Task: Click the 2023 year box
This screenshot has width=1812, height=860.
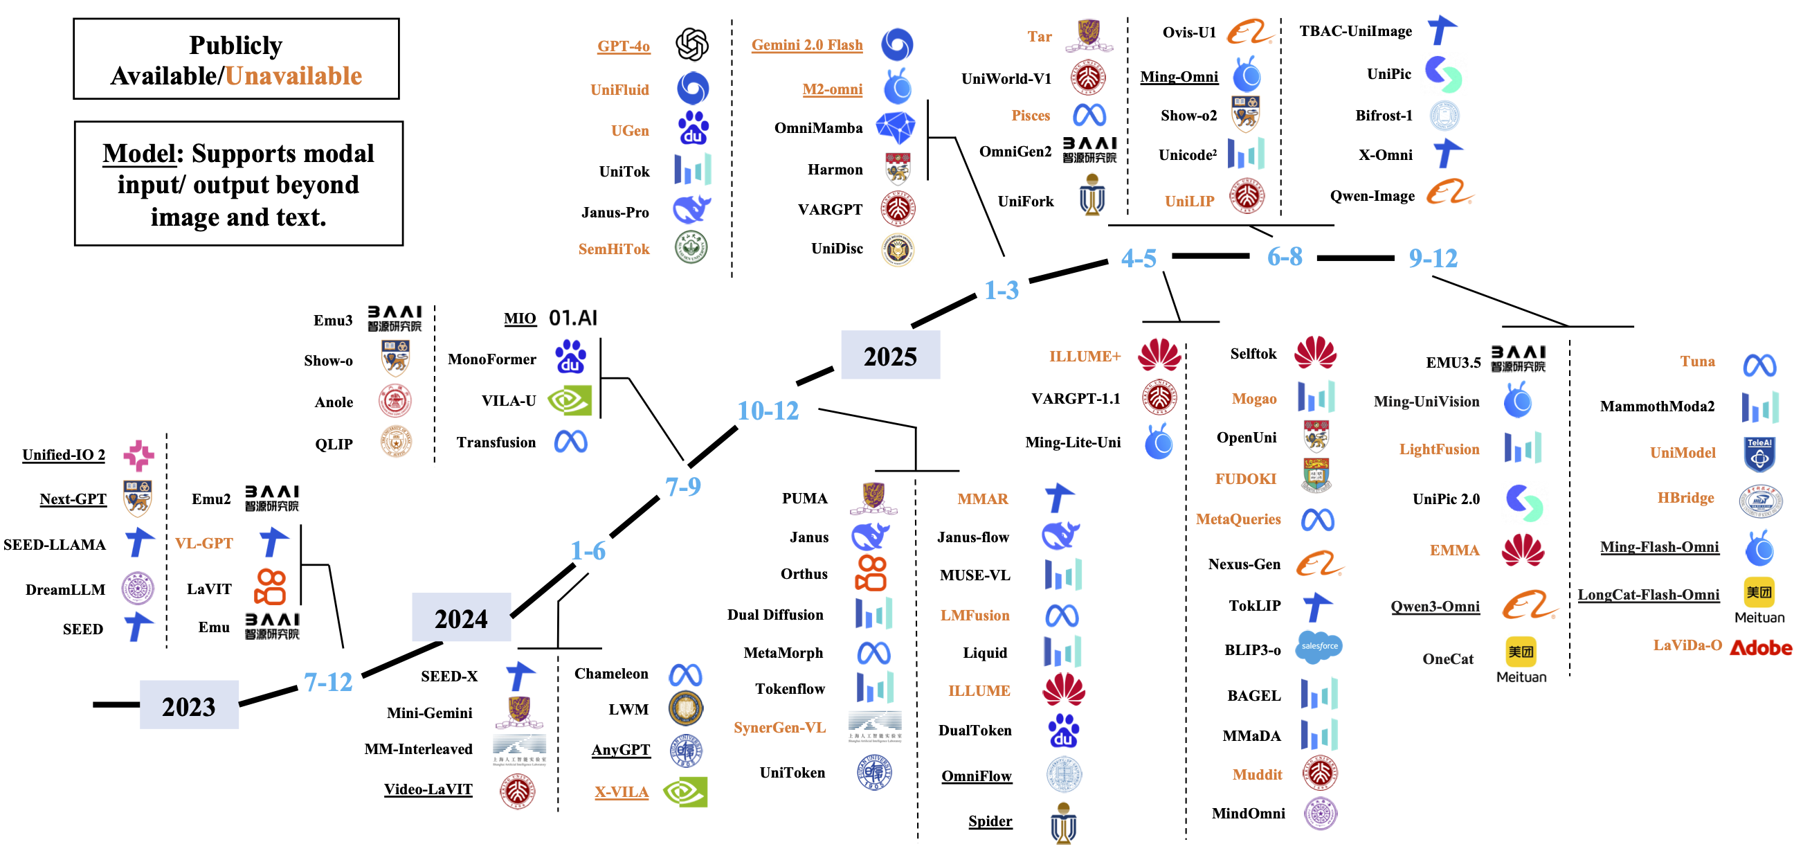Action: click(188, 705)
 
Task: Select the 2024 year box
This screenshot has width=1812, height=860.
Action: click(461, 618)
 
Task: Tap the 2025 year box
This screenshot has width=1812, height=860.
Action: click(890, 355)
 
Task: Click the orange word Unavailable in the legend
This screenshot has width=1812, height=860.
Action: click(293, 75)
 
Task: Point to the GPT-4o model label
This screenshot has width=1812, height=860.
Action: click(623, 46)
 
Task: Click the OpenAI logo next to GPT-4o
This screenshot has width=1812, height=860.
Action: click(691, 44)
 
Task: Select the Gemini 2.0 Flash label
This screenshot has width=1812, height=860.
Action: click(806, 44)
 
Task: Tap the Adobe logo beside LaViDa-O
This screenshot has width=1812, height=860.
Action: click(1761, 647)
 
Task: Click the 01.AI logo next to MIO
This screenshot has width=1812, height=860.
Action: click(572, 318)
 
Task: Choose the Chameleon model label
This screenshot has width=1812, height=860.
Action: click(610, 674)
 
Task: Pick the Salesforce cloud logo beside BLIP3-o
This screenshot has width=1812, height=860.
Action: click(1319, 647)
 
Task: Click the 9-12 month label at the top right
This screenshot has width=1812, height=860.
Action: click(1432, 258)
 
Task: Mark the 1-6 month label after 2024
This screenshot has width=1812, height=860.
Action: click(588, 550)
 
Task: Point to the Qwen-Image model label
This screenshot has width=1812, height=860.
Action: click(1372, 196)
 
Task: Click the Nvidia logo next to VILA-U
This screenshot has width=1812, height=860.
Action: click(570, 400)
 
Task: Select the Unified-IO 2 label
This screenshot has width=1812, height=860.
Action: click(63, 455)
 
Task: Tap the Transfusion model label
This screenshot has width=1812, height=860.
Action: click(496, 442)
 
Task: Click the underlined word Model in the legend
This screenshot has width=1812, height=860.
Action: click(138, 153)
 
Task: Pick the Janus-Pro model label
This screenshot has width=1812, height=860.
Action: click(615, 212)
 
